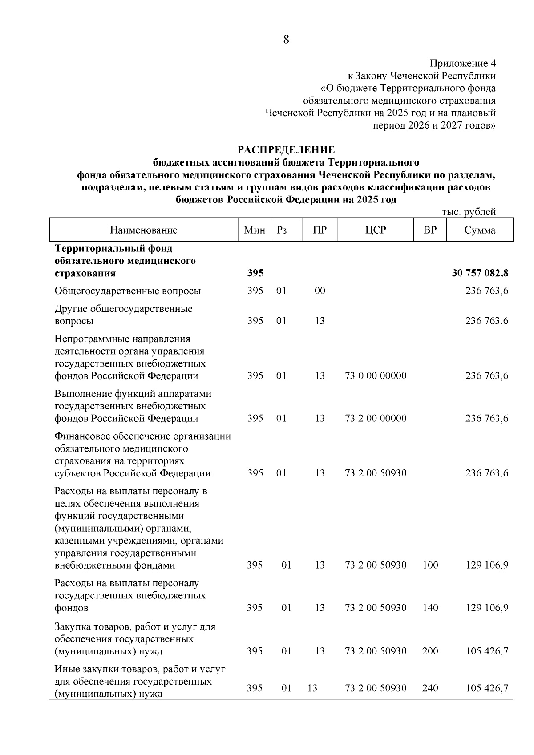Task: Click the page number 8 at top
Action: point(286,40)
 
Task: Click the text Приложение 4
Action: point(462,63)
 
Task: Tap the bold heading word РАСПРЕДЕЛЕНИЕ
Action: point(286,149)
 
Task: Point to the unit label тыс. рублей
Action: point(469,212)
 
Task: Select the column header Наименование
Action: point(144,230)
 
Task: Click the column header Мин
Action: point(255,230)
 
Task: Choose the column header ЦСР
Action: point(376,230)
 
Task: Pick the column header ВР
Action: point(430,230)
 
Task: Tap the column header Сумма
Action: point(480,230)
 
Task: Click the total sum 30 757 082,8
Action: point(480,273)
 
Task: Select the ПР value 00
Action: point(320,291)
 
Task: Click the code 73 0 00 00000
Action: point(376,376)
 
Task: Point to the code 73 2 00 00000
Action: point(376,419)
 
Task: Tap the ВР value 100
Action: point(430,565)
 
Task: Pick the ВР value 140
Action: point(430,608)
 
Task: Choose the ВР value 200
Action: point(430,651)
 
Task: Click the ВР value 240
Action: point(430,688)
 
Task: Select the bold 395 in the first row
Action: point(255,273)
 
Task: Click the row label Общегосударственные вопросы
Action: point(128,291)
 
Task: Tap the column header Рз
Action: point(281,230)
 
